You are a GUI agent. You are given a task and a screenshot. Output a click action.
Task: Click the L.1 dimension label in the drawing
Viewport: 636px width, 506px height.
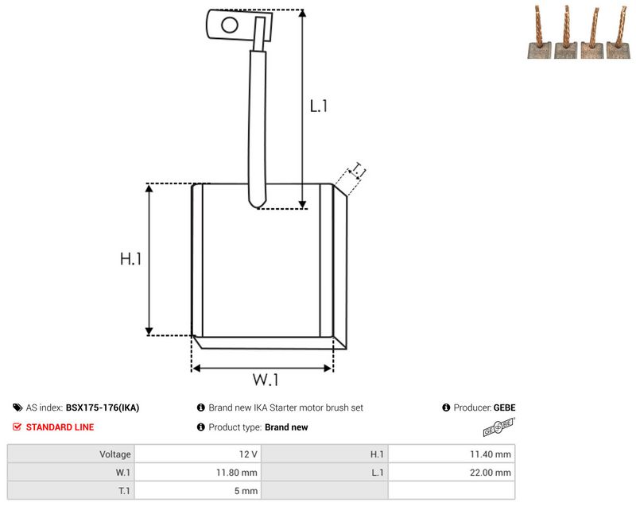(319, 106)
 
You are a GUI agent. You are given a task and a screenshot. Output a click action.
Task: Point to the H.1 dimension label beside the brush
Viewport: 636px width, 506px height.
(130, 258)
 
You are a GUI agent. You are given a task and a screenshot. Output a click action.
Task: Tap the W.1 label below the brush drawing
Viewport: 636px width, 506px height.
(266, 380)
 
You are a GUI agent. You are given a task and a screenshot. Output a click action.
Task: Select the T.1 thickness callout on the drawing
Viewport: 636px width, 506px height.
(358, 171)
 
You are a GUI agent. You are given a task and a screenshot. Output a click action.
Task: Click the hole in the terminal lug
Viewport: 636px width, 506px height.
(230, 25)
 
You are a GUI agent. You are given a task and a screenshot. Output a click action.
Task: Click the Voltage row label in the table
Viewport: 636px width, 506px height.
(115, 454)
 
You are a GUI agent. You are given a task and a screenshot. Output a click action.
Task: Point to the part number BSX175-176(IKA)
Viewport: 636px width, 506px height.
(103, 408)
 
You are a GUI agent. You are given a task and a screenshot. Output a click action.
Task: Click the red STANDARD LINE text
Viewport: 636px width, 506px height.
(60, 427)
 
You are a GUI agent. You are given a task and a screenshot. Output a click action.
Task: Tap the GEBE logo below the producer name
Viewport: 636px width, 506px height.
(499, 427)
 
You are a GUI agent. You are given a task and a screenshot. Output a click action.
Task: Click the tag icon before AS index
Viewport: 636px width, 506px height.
(17, 408)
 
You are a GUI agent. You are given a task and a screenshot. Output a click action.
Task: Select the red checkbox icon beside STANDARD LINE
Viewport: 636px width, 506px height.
(17, 427)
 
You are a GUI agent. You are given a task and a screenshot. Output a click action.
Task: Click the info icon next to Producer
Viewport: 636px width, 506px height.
(446, 408)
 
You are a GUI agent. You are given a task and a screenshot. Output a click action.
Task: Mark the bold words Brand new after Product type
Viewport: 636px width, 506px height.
(286, 427)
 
